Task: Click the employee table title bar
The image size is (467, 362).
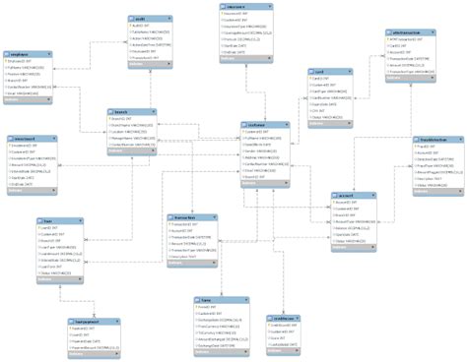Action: (x=29, y=54)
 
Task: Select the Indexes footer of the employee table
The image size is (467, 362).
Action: (x=29, y=101)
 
